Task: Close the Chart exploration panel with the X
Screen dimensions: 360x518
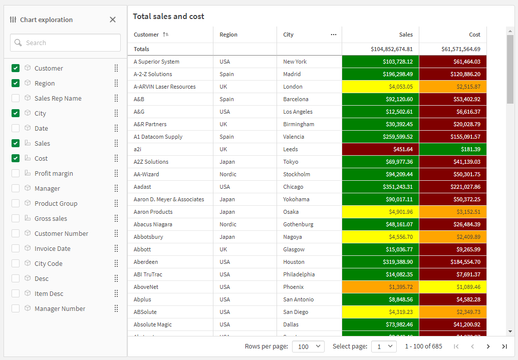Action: (x=113, y=20)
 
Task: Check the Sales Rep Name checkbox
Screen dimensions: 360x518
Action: (x=16, y=98)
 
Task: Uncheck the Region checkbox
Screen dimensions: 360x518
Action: (x=16, y=83)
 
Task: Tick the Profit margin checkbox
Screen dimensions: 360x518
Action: (x=16, y=173)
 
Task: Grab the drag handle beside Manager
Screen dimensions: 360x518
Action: (x=116, y=188)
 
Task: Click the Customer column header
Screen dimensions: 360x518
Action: (x=146, y=35)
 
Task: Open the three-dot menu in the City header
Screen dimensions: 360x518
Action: (x=334, y=35)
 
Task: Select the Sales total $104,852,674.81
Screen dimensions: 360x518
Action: (x=392, y=49)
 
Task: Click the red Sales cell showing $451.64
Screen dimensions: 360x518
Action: (x=380, y=149)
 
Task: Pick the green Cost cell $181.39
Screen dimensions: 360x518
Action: (x=452, y=149)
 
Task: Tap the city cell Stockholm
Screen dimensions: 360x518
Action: (x=297, y=174)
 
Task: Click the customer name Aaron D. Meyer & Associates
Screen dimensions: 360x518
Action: (x=169, y=199)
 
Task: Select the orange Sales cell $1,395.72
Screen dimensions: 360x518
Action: (x=380, y=287)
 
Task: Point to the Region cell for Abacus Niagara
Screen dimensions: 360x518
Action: (x=227, y=224)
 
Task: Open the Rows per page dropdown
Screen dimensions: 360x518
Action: (x=308, y=346)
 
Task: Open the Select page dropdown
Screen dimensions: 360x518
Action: (x=384, y=346)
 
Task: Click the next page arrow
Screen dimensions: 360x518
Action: (x=488, y=346)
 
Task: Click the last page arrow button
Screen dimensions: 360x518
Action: (x=504, y=346)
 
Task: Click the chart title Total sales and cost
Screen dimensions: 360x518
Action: (x=168, y=17)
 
